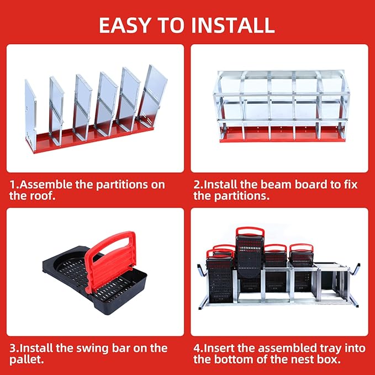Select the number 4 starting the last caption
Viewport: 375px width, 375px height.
coord(197,348)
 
